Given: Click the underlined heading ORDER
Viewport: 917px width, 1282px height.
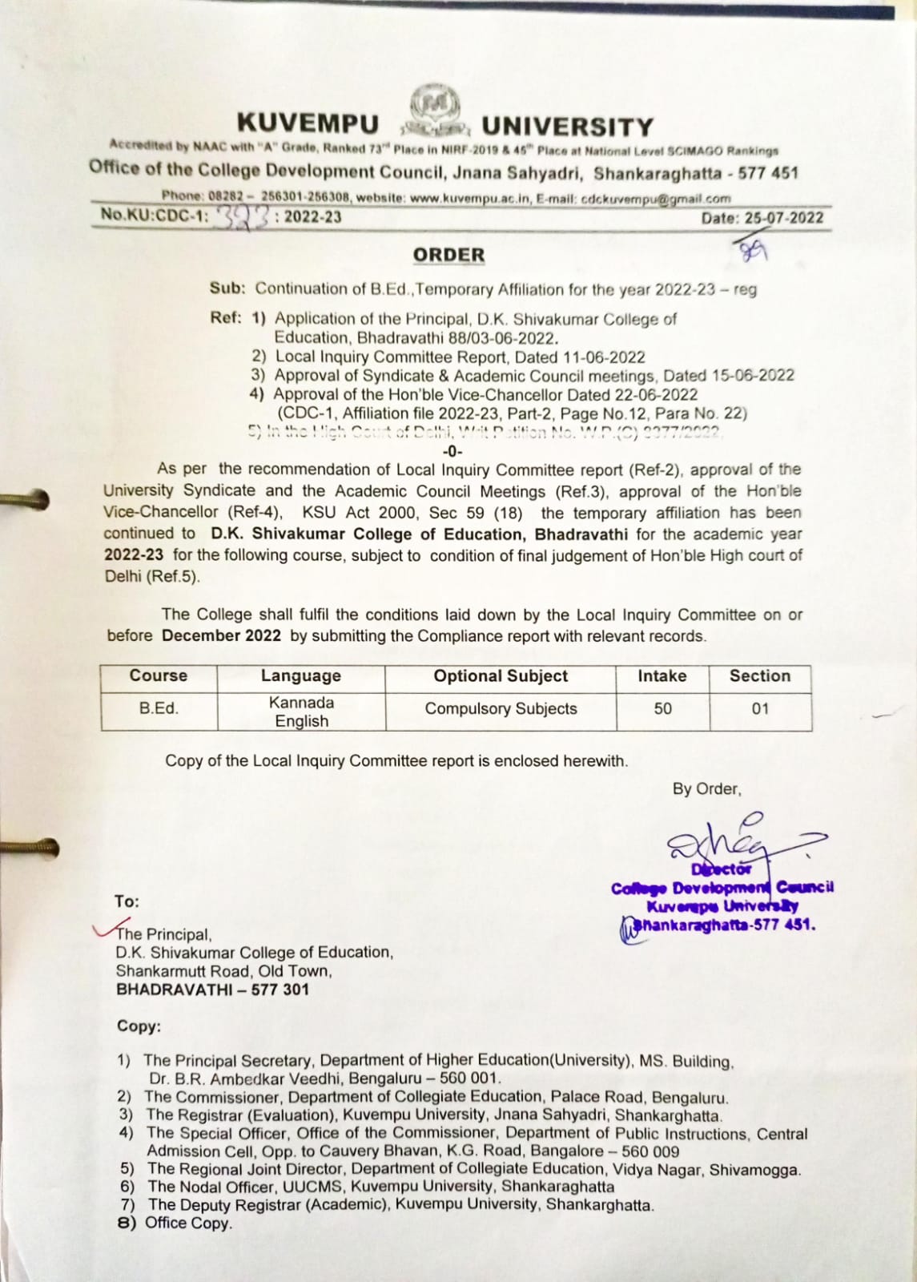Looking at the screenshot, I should tap(449, 255).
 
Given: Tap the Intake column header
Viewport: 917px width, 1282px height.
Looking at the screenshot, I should tap(662, 676).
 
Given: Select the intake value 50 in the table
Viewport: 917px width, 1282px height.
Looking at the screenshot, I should tap(662, 709).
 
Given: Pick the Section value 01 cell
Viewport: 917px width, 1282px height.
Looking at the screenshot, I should tap(760, 709).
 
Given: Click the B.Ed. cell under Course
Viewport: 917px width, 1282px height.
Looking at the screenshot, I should tap(159, 708).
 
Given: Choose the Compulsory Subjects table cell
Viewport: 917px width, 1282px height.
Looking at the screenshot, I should tap(501, 709).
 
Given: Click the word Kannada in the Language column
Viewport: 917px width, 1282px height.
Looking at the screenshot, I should tap(301, 703).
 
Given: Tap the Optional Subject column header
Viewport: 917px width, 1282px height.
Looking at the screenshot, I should tap(501, 676).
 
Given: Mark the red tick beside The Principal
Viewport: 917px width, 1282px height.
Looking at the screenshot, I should tap(105, 929).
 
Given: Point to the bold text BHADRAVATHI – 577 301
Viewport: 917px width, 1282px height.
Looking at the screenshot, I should tap(212, 990).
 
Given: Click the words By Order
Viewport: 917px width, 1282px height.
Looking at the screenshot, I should tap(706, 789).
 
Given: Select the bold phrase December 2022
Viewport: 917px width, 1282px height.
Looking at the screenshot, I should tap(221, 636).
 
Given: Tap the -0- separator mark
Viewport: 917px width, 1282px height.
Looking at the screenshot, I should tap(452, 451).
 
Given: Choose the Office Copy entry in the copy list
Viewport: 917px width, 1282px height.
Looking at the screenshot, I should tap(188, 1224).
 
